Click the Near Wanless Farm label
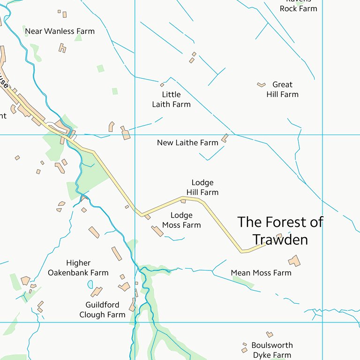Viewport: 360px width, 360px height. [60, 31]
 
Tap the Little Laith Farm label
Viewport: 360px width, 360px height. [171, 99]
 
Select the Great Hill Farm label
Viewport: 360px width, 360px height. [282, 90]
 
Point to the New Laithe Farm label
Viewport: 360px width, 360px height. [187, 142]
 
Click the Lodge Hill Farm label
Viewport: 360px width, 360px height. [202, 187]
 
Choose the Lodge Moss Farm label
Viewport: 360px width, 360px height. [181, 220]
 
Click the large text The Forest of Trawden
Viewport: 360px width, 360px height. [280, 230]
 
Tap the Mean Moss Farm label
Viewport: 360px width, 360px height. [261, 273]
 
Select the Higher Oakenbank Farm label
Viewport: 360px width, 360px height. [78, 268]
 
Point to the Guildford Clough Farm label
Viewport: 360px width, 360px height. [102, 310]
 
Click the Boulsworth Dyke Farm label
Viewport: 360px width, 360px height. [272, 350]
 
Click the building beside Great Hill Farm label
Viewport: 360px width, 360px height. [261, 85]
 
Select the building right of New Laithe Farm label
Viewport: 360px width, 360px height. [225, 138]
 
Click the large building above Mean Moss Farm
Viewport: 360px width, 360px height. [294, 261]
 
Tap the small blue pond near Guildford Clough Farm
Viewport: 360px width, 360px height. [90, 285]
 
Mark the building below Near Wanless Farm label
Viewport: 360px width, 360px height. [62, 48]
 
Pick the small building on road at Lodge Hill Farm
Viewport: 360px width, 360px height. [183, 201]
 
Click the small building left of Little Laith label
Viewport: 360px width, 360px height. [162, 85]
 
